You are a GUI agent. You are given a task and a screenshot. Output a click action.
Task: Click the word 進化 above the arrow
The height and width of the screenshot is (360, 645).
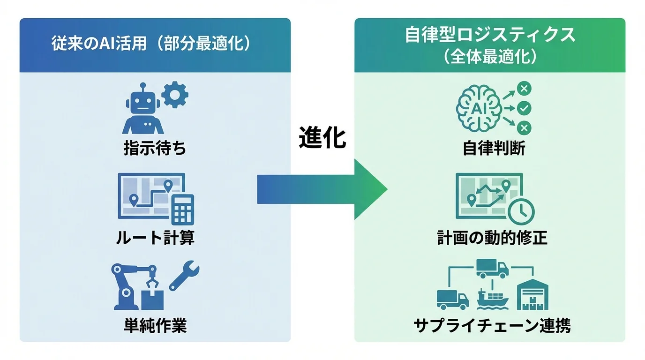[x=322, y=138]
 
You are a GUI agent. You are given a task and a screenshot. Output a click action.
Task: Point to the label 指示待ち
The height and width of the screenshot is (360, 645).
[x=155, y=148]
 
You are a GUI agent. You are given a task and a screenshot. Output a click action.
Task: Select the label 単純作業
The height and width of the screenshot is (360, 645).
[x=155, y=325]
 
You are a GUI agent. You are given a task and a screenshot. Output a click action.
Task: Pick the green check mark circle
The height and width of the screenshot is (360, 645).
[x=524, y=108]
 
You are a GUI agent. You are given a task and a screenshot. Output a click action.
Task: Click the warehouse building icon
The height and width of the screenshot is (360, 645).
[x=532, y=295]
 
